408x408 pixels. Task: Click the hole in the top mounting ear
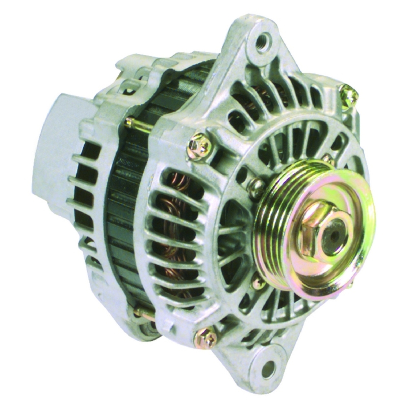tap(263, 40)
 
